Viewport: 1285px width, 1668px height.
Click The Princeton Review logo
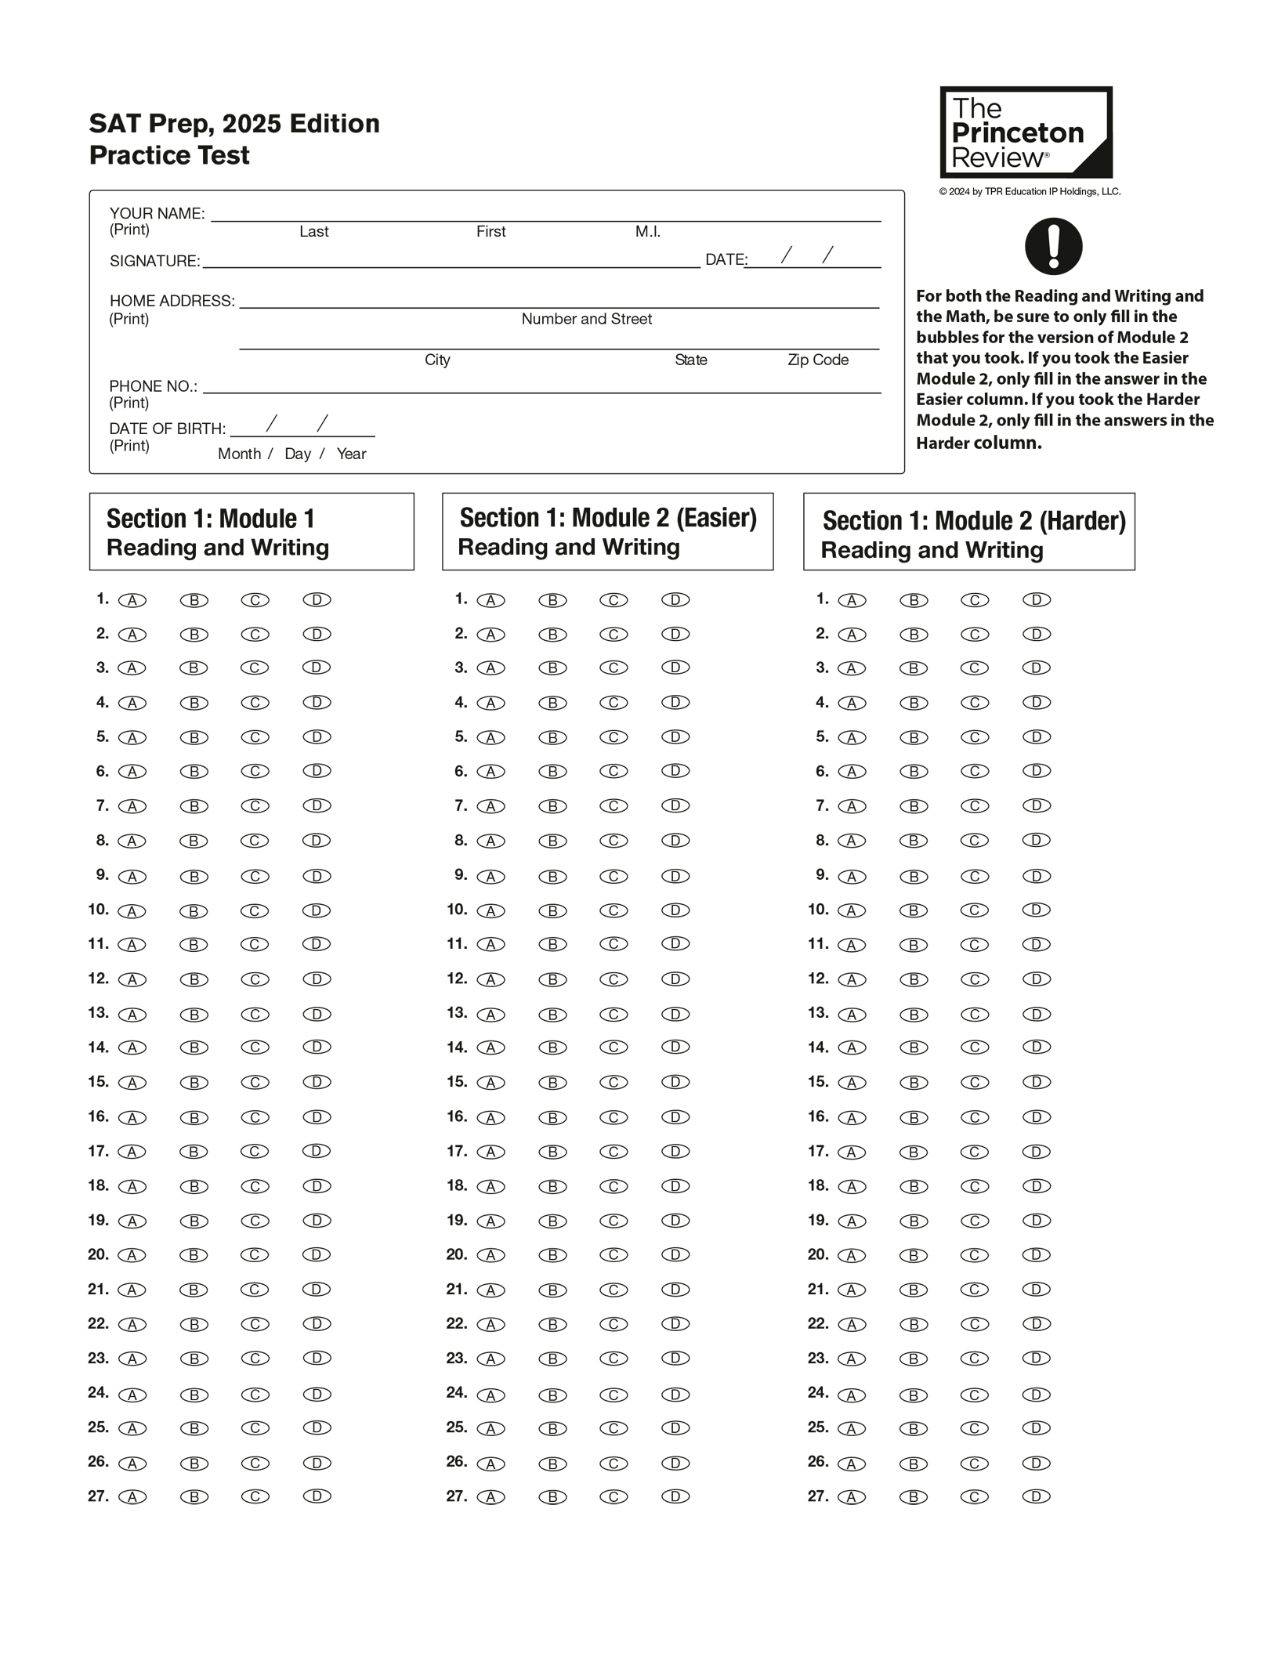1025,132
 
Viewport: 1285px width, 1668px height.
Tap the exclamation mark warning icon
1053,246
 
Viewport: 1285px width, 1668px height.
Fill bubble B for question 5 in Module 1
194,737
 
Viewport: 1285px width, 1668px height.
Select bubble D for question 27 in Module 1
317,1496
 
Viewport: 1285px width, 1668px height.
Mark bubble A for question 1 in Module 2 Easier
491,600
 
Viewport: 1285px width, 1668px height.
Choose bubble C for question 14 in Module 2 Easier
614,1047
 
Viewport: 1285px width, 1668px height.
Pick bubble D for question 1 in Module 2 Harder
1036,600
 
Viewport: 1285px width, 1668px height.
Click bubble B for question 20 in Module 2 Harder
914,1255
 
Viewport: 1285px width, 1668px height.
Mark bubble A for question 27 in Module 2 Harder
852,1497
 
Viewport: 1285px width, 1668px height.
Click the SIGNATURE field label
154,261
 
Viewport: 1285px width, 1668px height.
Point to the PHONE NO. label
153,386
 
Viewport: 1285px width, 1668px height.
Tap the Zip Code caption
817,360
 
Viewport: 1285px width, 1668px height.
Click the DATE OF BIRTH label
167,429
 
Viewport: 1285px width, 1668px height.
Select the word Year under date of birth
351,454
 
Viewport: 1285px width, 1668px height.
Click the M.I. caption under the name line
647,231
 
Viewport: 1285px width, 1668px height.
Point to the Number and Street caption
586,319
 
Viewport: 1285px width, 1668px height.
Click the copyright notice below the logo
1029,191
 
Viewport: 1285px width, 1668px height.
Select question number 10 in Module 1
98,910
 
